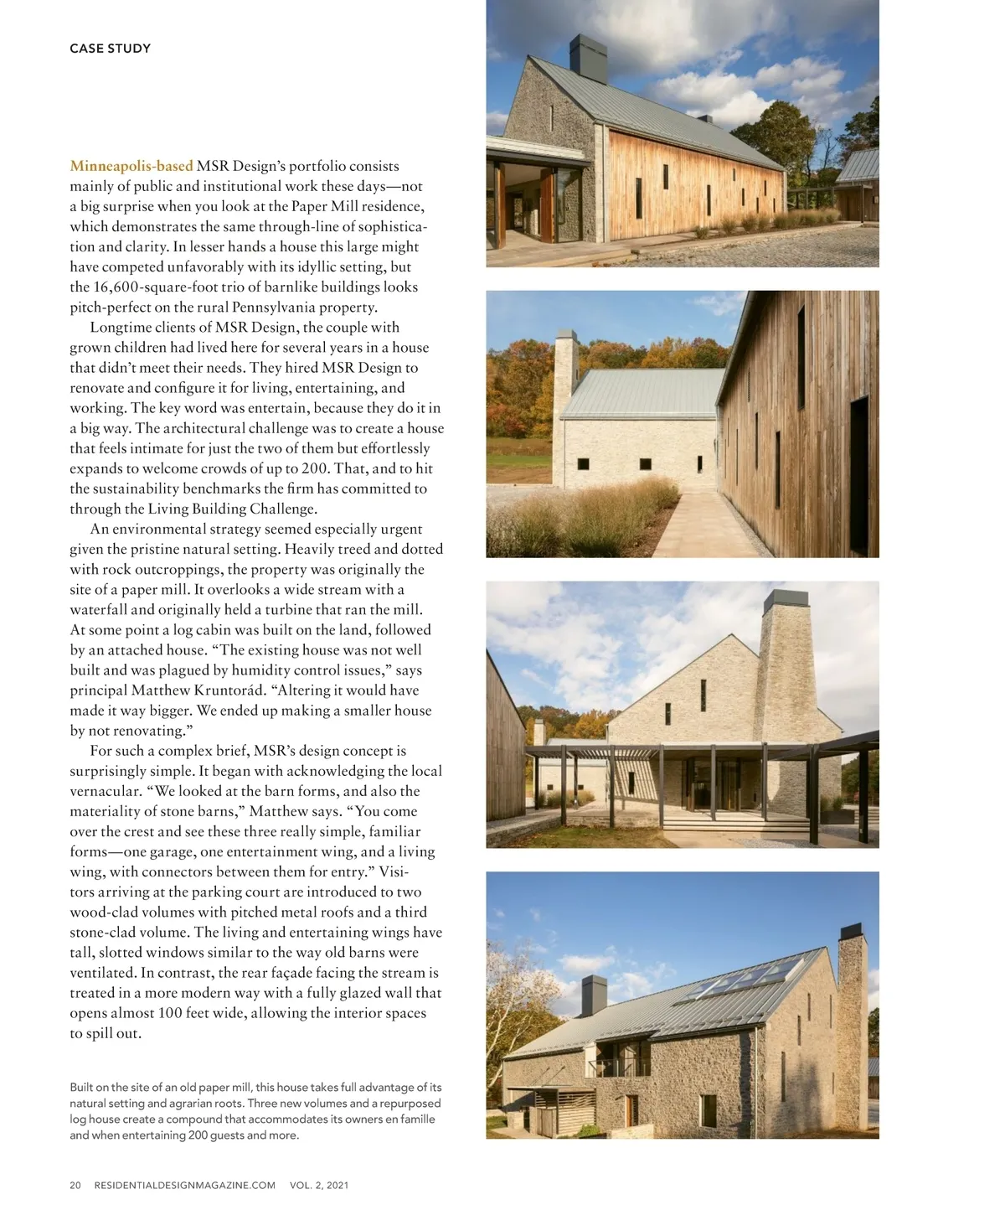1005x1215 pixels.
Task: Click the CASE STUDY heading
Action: pos(110,49)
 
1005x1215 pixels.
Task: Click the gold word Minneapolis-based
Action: pos(131,166)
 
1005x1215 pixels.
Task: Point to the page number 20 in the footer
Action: pos(75,1185)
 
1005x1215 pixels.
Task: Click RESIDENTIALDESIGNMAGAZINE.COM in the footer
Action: pos(184,1185)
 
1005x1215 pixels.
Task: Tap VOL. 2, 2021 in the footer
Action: pos(319,1185)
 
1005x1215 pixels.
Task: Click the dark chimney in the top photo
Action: pos(588,59)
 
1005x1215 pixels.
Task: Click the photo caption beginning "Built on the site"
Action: pos(255,1111)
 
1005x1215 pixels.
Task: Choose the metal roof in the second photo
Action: pos(641,394)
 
